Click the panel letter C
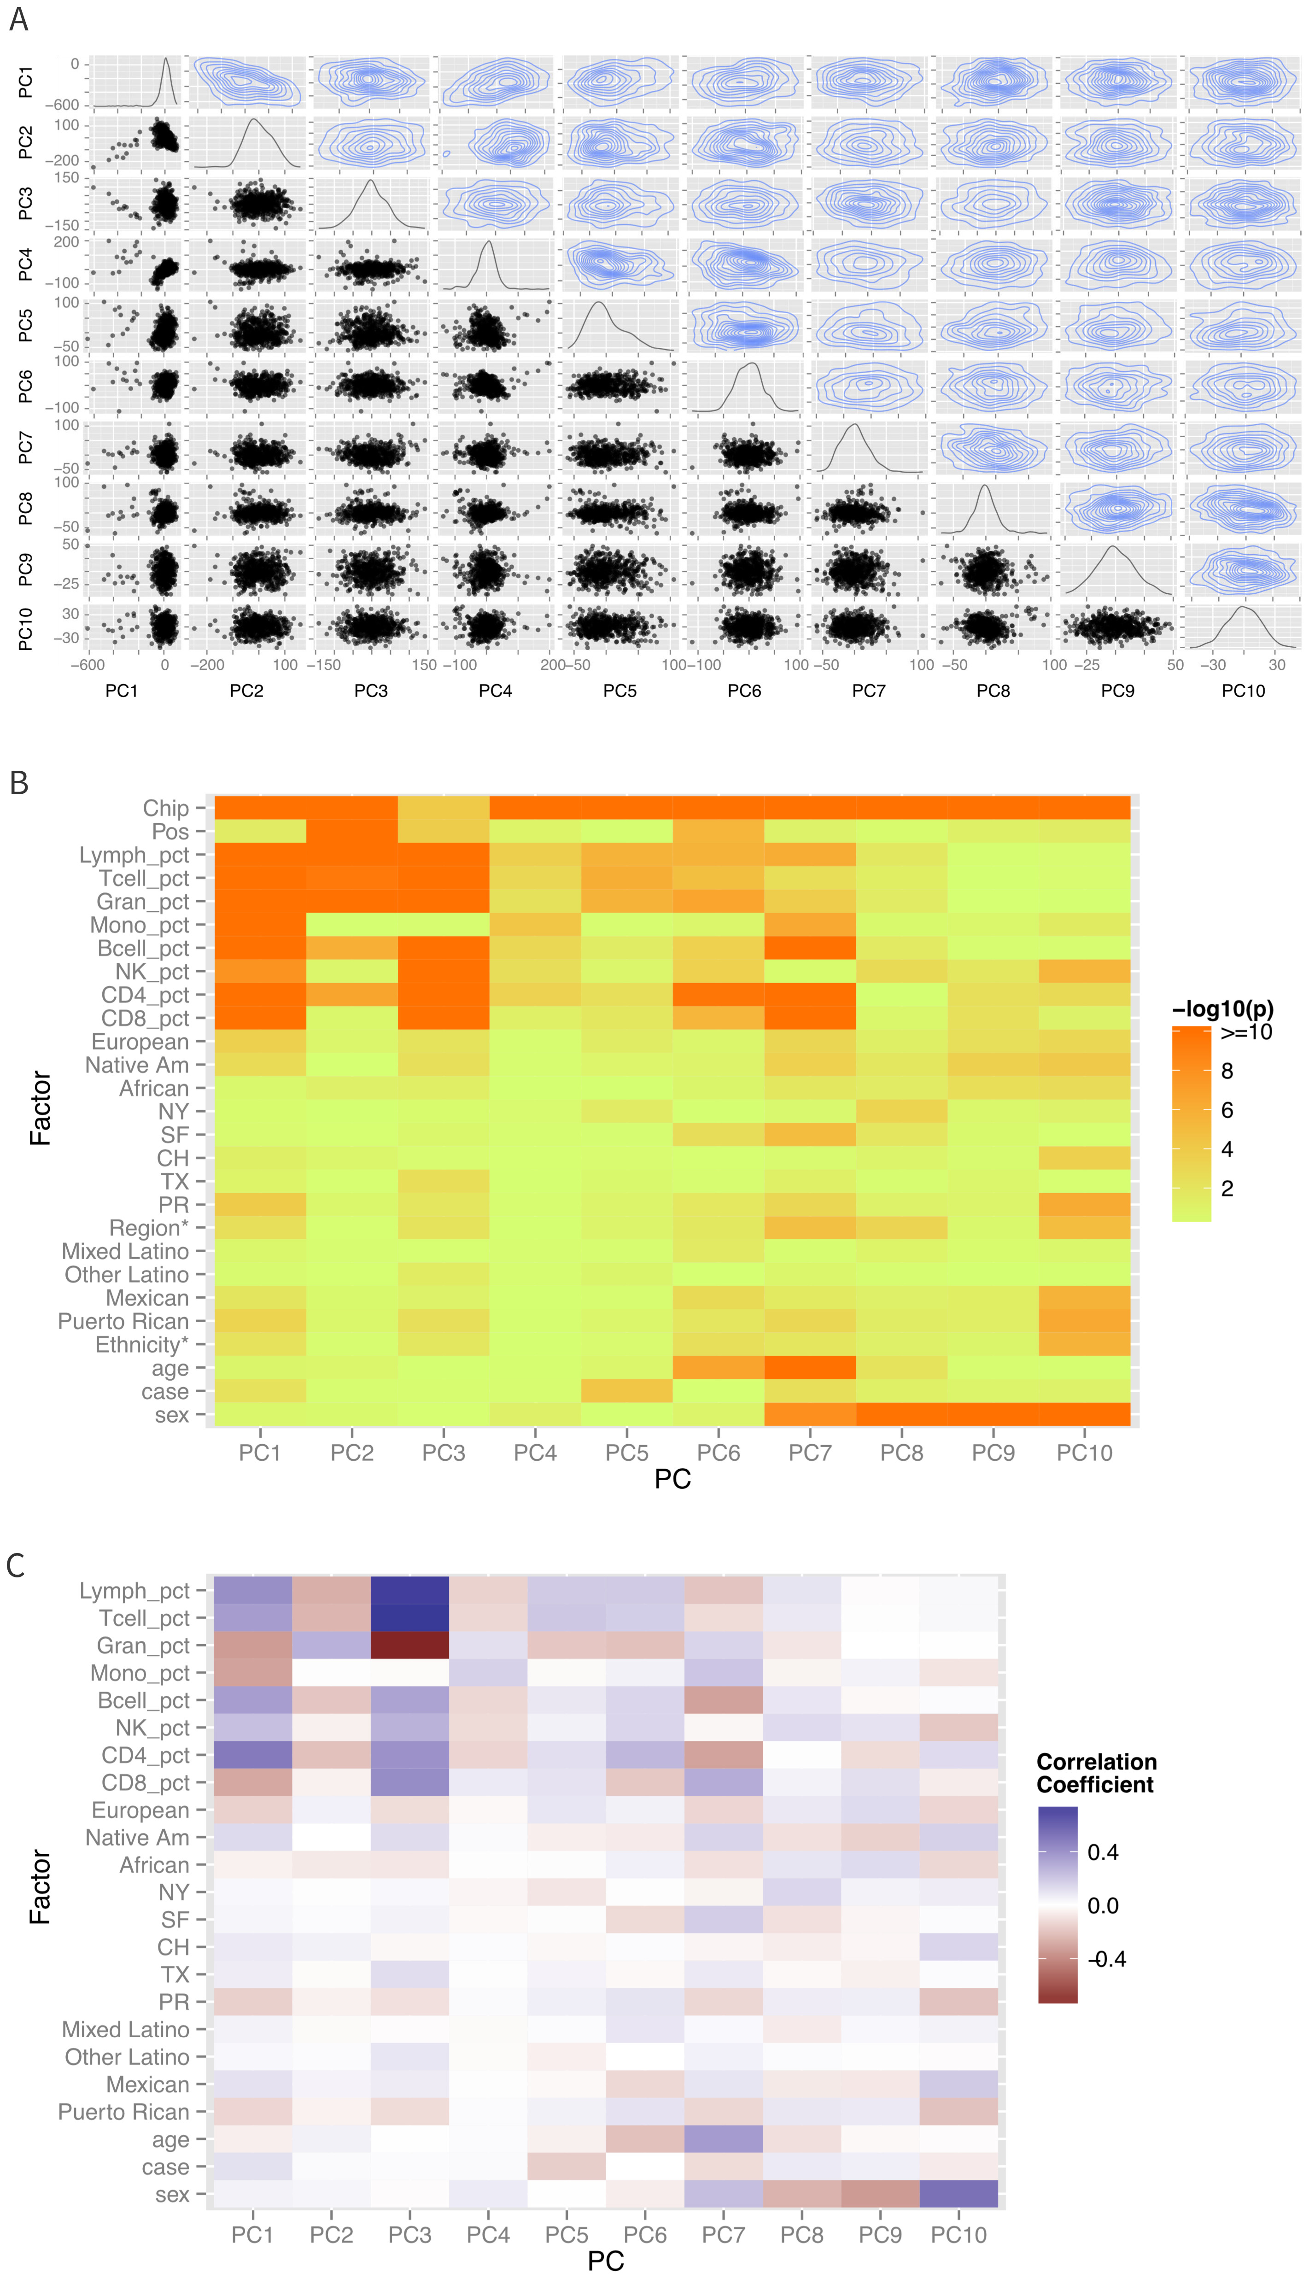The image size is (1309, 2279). (15, 1564)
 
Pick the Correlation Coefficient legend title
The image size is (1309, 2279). (1096, 1773)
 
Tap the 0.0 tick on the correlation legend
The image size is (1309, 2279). (1102, 1905)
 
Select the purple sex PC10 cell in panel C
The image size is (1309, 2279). (958, 2194)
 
